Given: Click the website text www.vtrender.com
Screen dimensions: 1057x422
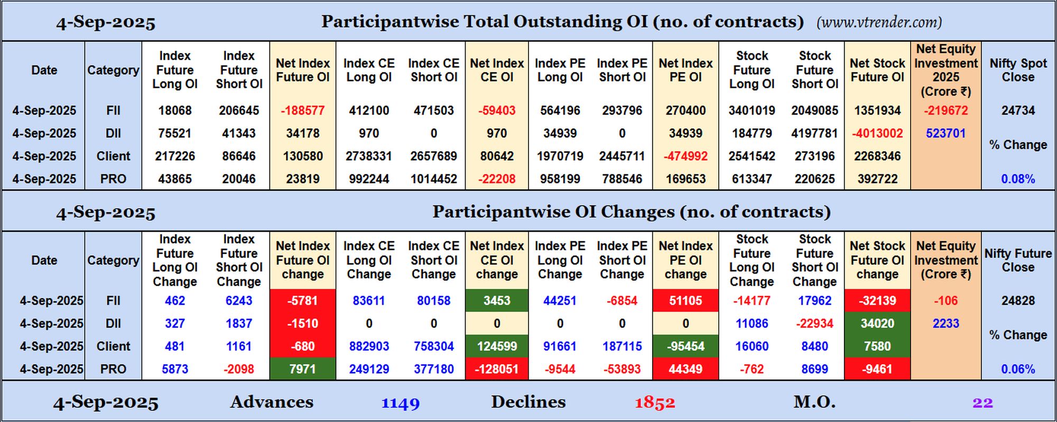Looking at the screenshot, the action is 879,22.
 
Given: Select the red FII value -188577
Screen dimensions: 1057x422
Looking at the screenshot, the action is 303,110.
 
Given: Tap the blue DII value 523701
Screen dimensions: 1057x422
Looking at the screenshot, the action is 945,133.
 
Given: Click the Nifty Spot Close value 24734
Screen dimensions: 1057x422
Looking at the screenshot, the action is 1018,110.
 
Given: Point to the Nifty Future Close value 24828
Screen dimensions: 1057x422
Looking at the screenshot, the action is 1018,301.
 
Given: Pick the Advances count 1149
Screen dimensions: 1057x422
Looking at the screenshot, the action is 401,403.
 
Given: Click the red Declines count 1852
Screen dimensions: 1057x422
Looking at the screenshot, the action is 655,403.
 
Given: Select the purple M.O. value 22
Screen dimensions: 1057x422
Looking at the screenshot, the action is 982,403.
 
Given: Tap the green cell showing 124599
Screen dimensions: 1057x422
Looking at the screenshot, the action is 497,346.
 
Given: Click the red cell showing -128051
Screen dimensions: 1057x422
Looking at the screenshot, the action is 497,369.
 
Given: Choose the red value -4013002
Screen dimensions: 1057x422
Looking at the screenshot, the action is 877,133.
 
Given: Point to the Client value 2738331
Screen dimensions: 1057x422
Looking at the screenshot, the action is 369,156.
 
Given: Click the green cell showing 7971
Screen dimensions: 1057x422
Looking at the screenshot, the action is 303,369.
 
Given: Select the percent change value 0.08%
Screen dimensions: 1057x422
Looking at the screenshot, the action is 1018,179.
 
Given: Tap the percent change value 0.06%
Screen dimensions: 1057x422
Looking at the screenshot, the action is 1018,369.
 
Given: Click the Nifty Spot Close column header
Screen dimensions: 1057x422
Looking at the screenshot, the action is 1018,70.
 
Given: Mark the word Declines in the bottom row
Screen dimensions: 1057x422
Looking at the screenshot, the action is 528,402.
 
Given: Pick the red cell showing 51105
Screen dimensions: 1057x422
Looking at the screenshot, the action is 685,301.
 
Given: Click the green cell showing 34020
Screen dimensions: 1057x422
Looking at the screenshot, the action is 877,323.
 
